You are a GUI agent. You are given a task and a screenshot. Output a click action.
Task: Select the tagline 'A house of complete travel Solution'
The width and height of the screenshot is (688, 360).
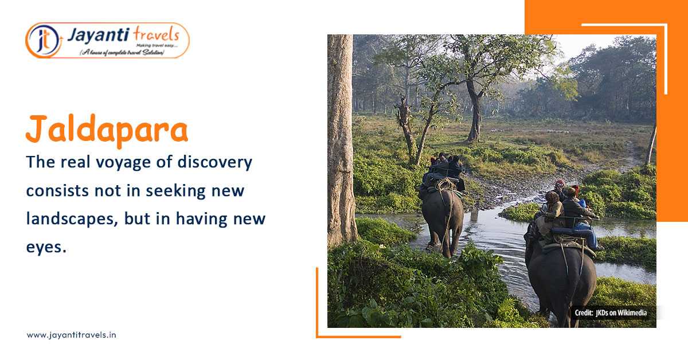tap(122, 52)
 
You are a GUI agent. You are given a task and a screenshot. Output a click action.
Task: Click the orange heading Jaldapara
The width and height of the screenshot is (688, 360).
tap(107, 130)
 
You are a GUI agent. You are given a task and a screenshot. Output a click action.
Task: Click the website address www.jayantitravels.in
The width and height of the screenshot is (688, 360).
tap(71, 335)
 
